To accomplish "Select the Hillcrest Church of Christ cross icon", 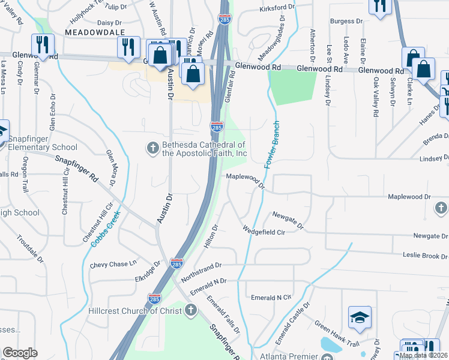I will [x=191, y=310].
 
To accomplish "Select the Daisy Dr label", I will [x=109, y=22].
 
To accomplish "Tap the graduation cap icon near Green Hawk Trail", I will [x=360, y=318].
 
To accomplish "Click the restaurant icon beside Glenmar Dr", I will [x=43, y=44].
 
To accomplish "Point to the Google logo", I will [x=20, y=353].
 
